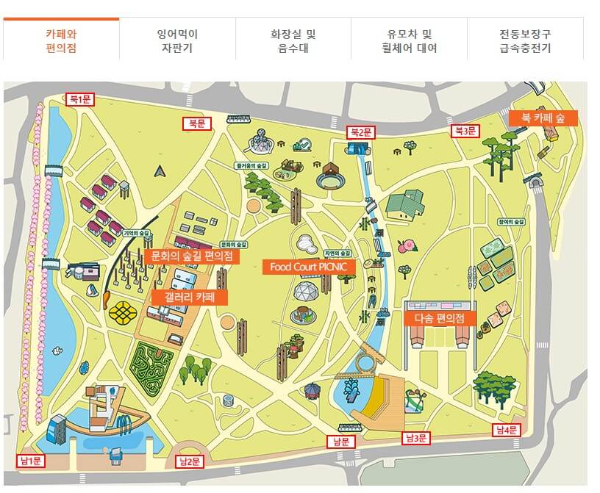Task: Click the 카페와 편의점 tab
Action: [x=61, y=41]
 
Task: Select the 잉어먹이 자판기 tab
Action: [x=177, y=41]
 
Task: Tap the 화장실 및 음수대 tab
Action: [x=293, y=41]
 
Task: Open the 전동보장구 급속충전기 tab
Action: [x=524, y=41]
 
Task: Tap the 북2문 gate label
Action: [x=361, y=132]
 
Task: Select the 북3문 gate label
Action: [x=465, y=131]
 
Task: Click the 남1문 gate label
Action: [x=30, y=461]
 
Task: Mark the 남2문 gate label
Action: [x=190, y=461]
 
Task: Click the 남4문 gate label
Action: [x=507, y=430]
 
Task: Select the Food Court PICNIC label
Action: [x=304, y=266]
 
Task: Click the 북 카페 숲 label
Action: [x=543, y=117]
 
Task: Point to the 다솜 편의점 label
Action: [x=440, y=319]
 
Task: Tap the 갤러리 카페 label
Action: [x=189, y=297]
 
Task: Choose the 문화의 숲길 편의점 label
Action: [x=191, y=256]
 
